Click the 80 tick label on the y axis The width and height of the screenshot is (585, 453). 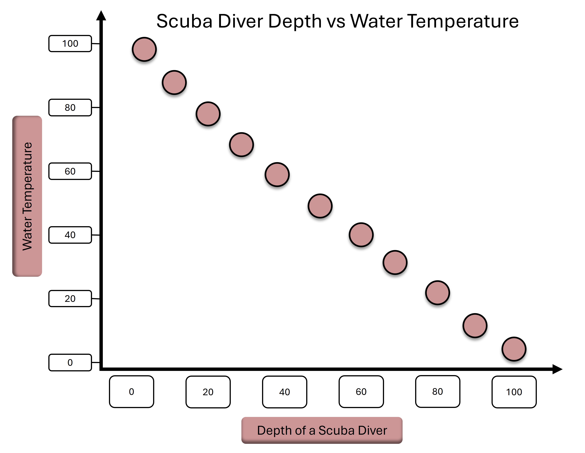coord(70,108)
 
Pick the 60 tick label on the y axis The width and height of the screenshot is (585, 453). coord(70,171)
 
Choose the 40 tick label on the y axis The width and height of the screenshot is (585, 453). coord(70,235)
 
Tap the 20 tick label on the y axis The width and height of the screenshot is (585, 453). coord(70,299)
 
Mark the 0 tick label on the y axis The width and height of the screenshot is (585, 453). coord(70,363)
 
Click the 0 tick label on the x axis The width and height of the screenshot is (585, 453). coord(132,392)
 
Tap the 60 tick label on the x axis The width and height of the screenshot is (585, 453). coord(361,392)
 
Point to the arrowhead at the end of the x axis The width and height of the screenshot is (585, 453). coord(557,369)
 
